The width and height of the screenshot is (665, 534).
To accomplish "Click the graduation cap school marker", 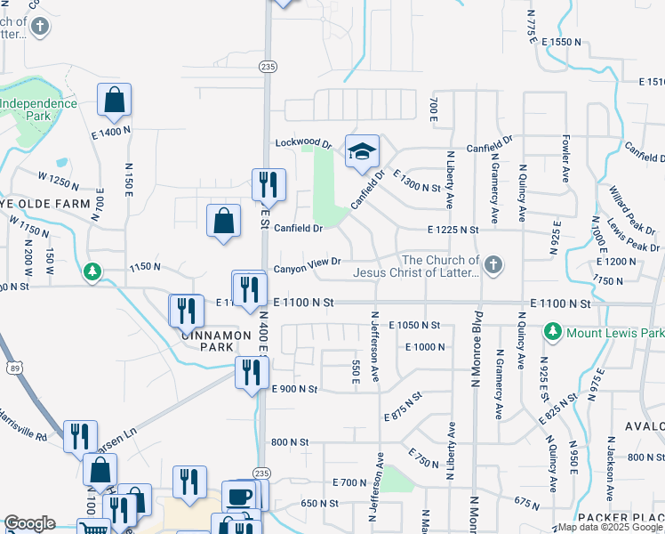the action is click(x=362, y=152).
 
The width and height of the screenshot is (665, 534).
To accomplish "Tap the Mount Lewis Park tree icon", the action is click(x=552, y=332).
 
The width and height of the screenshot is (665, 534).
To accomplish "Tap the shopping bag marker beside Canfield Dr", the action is click(x=224, y=222).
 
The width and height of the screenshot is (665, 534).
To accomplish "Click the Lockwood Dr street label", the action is click(x=302, y=142).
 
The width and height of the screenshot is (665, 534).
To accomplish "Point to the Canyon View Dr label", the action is click(x=307, y=263).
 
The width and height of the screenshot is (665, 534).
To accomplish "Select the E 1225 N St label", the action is click(x=453, y=230).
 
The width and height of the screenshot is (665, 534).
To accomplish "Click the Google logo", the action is click(x=29, y=523).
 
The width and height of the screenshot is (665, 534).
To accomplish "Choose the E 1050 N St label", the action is click(x=415, y=326).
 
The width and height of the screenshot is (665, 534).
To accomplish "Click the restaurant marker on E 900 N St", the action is click(x=251, y=372).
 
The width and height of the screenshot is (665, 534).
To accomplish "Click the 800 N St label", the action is click(x=289, y=441).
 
